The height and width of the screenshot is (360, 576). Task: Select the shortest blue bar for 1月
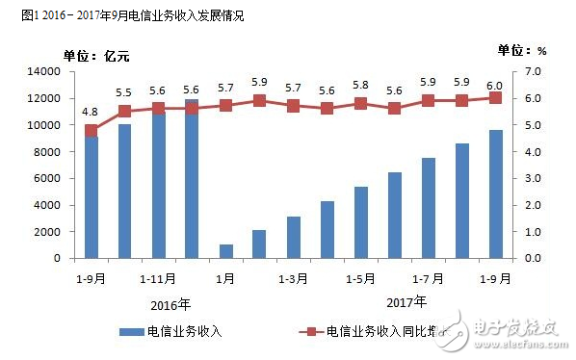(x=226, y=251)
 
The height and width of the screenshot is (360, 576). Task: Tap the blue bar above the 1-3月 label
(x=294, y=238)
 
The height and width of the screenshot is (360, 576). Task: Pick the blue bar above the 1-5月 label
(x=361, y=222)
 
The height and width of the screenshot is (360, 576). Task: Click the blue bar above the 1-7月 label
(x=429, y=208)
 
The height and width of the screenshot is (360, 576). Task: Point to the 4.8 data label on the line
(x=91, y=112)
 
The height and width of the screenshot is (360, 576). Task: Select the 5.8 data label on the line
(x=360, y=84)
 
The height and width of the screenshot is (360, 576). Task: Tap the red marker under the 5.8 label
(x=361, y=103)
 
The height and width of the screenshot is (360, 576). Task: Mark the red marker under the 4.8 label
(x=92, y=131)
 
